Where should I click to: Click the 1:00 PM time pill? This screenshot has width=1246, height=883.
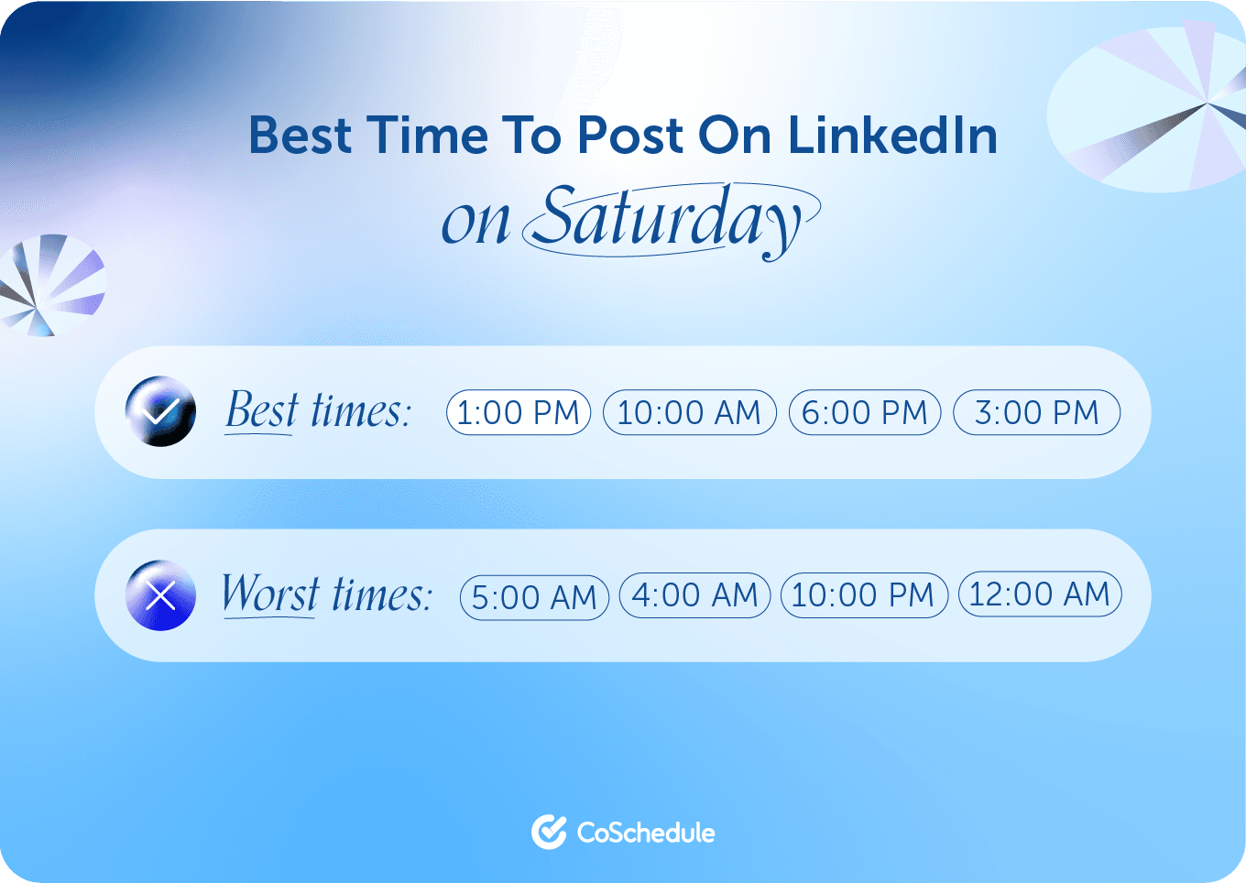pyautogui.click(x=519, y=412)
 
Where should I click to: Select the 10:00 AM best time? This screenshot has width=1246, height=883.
pyautogui.click(x=689, y=412)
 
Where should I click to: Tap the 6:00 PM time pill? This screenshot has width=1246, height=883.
pyautogui.click(x=865, y=412)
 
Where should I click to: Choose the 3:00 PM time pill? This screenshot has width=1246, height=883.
pyautogui.click(x=1036, y=412)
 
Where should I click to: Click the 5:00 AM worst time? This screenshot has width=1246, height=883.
pyautogui.click(x=534, y=597)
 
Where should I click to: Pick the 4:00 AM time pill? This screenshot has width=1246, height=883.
pyautogui.click(x=695, y=595)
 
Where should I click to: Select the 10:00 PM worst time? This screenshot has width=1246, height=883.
pyautogui.click(x=863, y=595)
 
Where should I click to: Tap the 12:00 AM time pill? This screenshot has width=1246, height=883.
pyautogui.click(x=1040, y=594)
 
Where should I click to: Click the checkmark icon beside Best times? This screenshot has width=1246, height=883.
pyautogui.click(x=160, y=411)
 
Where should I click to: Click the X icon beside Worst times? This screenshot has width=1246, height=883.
pyautogui.click(x=160, y=595)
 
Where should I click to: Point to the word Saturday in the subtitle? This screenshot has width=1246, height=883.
pyautogui.click(x=669, y=220)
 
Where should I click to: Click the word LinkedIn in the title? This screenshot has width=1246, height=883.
pyautogui.click(x=892, y=136)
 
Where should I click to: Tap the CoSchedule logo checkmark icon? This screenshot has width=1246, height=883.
pyautogui.click(x=549, y=832)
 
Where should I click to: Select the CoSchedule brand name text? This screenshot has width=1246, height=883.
pyautogui.click(x=646, y=833)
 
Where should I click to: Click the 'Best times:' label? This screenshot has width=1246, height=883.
pyautogui.click(x=318, y=410)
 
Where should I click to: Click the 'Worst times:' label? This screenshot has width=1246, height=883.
pyautogui.click(x=326, y=594)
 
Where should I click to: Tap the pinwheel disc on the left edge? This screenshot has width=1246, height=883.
pyautogui.click(x=50, y=285)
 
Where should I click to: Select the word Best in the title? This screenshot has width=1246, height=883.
pyautogui.click(x=300, y=136)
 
